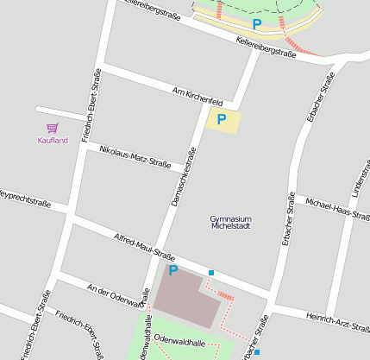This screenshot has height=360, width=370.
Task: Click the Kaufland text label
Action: [53, 140]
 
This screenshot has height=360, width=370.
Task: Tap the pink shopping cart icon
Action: [53, 128]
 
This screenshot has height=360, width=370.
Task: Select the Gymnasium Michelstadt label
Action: [230, 222]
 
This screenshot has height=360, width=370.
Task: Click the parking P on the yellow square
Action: [222, 120]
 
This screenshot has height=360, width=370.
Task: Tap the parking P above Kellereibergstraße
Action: [256, 25]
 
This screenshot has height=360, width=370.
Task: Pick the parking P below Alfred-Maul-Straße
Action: [172, 271]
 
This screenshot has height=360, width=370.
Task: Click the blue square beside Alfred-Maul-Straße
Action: [211, 273]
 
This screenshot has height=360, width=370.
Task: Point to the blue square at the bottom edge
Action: [257, 352]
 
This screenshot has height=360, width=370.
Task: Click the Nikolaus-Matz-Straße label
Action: [135, 155]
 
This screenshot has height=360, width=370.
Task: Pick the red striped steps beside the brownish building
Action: [225, 296]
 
